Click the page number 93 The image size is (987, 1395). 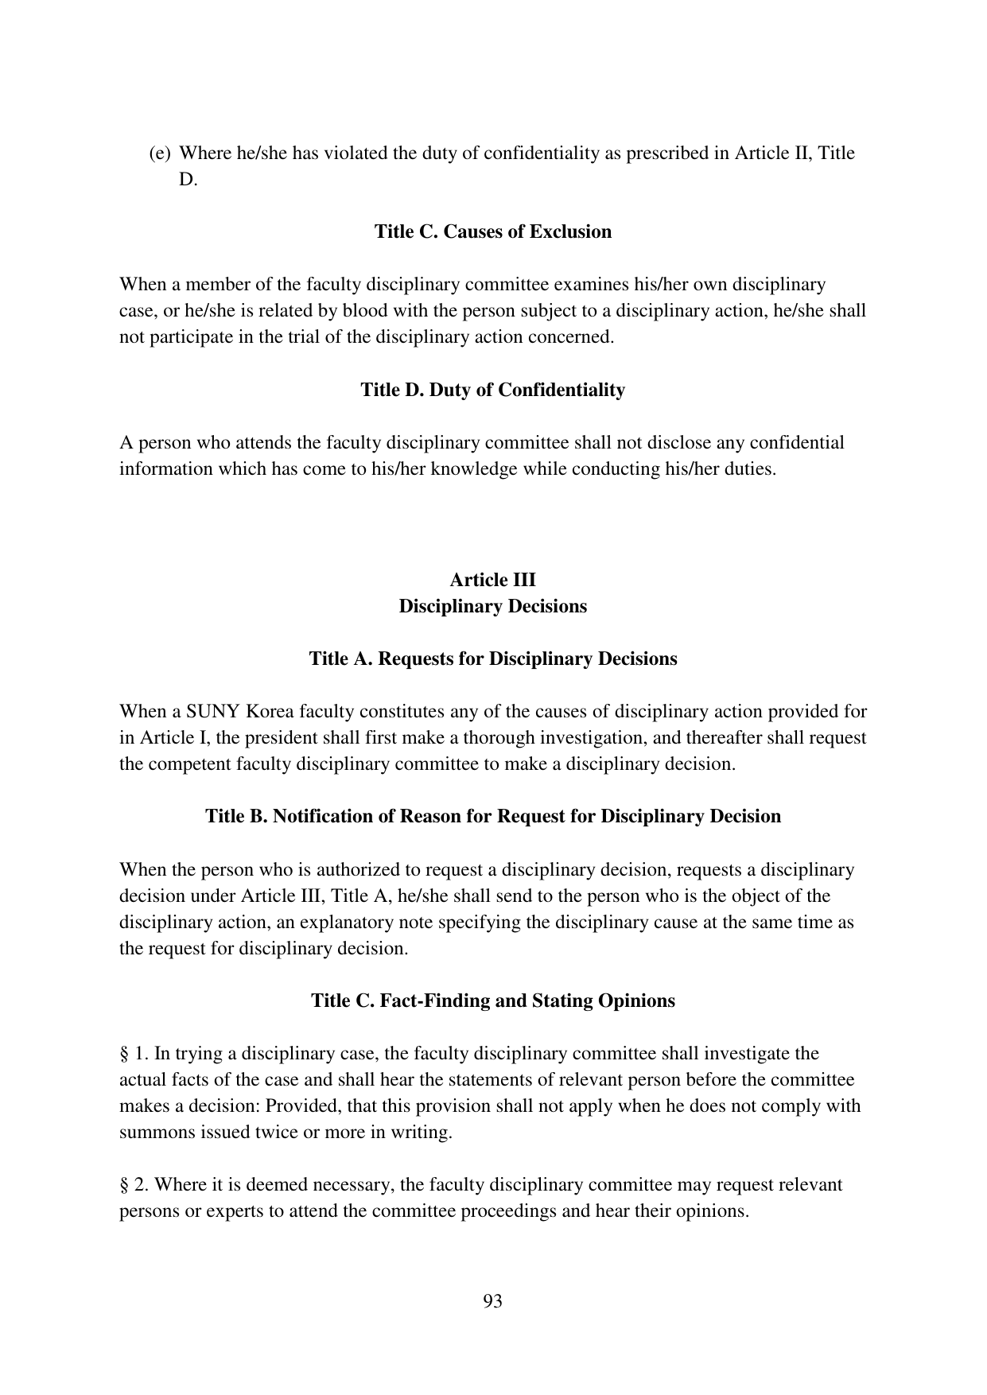(x=492, y=1301)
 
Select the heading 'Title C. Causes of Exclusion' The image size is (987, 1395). (x=492, y=231)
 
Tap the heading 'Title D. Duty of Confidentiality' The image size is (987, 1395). (x=492, y=390)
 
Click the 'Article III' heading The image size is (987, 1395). (x=492, y=579)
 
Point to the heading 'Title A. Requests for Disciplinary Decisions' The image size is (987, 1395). (x=492, y=659)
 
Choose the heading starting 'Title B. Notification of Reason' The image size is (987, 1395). (x=492, y=816)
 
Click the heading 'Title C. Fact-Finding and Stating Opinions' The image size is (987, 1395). (x=492, y=1000)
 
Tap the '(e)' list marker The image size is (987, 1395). (x=160, y=153)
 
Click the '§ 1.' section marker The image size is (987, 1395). (x=134, y=1053)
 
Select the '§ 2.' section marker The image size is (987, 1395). (x=134, y=1185)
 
